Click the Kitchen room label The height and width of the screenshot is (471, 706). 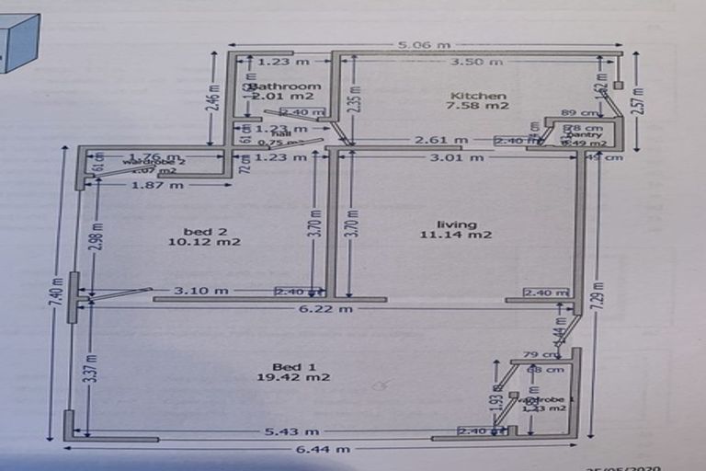tap(477, 96)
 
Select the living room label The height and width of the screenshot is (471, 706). tap(457, 224)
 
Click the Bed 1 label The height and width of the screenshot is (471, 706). tap(293, 367)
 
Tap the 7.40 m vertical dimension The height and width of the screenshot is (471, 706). tap(57, 294)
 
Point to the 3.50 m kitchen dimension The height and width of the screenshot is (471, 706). tap(482, 62)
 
